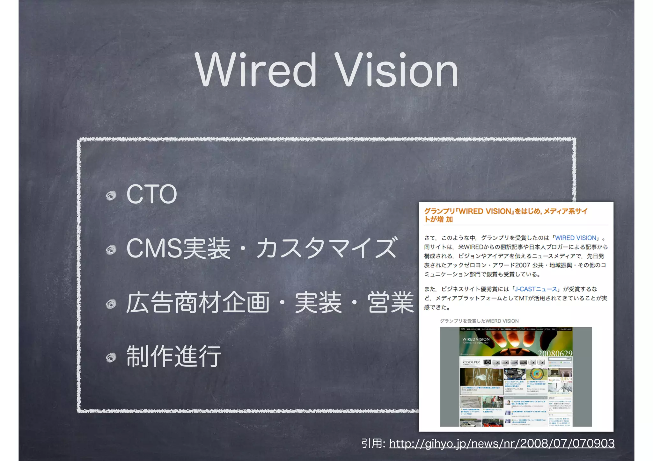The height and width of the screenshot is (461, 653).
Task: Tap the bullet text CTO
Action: (151, 194)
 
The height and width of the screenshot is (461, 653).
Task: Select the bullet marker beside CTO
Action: (111, 195)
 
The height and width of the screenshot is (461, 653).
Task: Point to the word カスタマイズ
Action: (326, 248)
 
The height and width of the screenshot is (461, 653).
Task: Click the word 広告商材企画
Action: (198, 302)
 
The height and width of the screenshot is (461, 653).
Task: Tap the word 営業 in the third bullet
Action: (390, 302)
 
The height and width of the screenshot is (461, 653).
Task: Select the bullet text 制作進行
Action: (174, 357)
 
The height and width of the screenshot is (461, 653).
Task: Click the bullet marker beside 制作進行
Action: (111, 358)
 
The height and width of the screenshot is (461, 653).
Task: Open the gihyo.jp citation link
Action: (502, 443)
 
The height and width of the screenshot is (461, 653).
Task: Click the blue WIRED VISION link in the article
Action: (576, 238)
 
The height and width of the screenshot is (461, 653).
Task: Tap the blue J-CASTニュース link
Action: (536, 289)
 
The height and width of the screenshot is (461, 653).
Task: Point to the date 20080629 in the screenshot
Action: (555, 353)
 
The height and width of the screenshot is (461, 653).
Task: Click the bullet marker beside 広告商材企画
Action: (111, 304)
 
